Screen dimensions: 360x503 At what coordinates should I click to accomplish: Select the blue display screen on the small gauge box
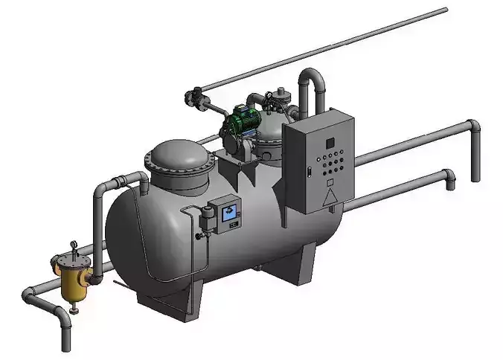229,213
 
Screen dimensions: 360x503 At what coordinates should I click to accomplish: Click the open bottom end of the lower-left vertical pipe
65,346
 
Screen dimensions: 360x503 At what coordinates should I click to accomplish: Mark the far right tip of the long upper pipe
445,10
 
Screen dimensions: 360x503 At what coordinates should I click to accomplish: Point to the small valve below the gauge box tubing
199,236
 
